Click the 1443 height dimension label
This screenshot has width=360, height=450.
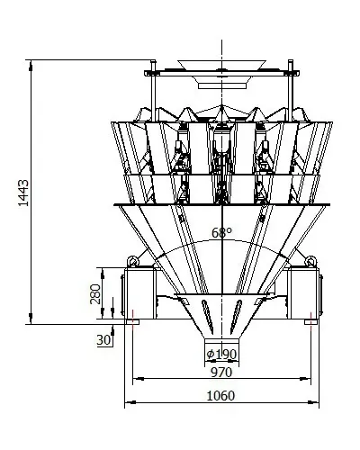point(23,193)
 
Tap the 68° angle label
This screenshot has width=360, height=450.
point(221,233)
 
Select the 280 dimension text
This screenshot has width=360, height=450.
point(95,293)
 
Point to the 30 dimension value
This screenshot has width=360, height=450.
point(103,340)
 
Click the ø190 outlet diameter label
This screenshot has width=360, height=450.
point(221,355)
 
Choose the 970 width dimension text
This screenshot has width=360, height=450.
point(221,373)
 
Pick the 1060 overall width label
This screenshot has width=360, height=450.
point(220,396)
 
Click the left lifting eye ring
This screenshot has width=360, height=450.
point(133,261)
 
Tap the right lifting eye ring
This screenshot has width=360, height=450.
point(310,261)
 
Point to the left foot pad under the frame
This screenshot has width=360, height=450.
point(132,322)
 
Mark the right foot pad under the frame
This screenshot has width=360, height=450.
point(310,322)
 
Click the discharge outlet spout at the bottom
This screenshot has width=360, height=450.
point(222,344)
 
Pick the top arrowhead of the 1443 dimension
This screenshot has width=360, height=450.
point(31,66)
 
